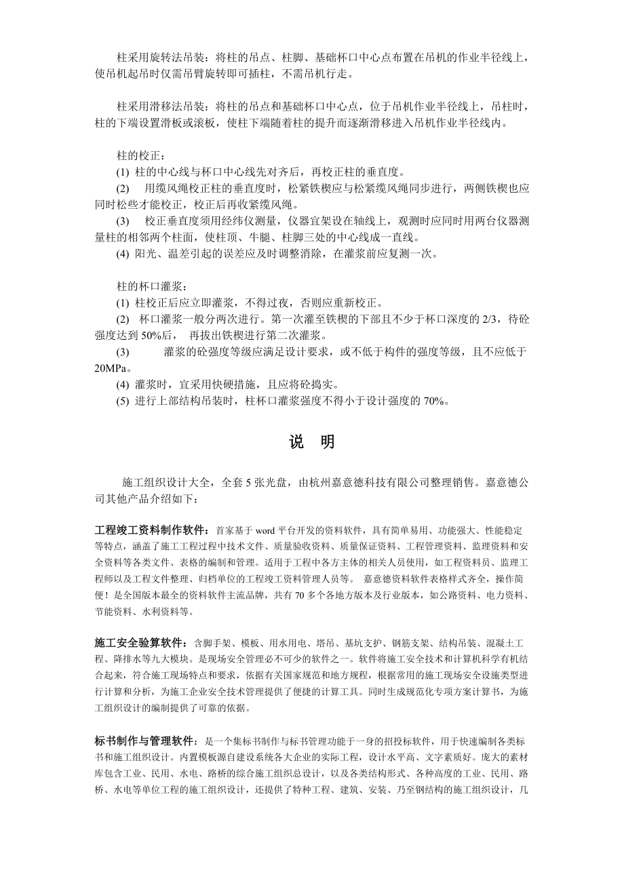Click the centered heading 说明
coord(311,442)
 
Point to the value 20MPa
coord(110,368)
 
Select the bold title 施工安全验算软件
coord(139,642)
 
